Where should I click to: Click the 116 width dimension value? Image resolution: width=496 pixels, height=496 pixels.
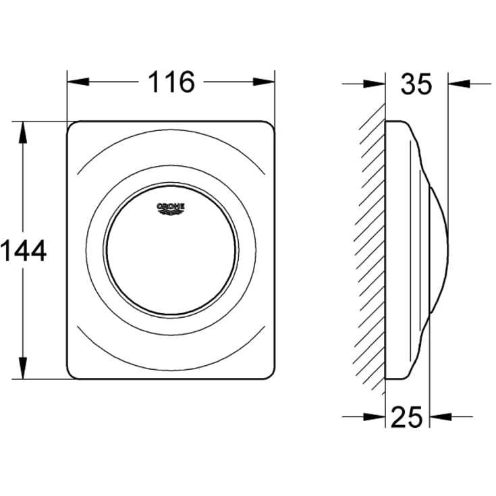tap(171, 82)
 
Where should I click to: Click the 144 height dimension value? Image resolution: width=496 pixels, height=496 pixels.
tap(23, 250)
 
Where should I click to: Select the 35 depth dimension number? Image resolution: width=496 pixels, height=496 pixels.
tap(416, 84)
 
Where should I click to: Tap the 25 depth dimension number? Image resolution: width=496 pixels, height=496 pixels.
tap(406, 417)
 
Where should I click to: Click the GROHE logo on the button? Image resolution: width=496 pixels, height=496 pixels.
tap(171, 208)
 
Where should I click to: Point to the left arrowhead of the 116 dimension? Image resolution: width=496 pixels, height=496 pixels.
tap(78, 82)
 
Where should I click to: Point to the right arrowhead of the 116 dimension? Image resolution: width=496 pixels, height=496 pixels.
tap(264, 82)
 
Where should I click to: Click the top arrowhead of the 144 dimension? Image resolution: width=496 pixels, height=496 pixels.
tap(23, 132)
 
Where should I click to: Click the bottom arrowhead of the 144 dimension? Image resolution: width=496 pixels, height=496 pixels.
tap(23, 368)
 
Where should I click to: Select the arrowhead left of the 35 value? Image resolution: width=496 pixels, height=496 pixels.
tap(375, 84)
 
